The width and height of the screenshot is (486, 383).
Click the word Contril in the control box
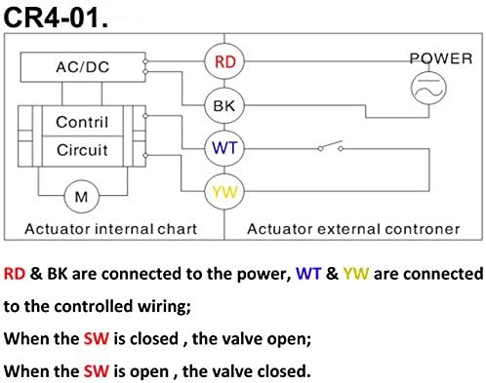tap(82, 122)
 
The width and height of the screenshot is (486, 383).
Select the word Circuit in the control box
tap(82, 150)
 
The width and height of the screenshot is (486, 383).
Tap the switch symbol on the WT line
tap(331, 146)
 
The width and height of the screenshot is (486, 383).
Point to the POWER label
tap(441, 58)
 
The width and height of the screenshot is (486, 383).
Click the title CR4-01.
tap(56, 18)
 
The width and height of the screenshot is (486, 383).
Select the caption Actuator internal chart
tap(111, 229)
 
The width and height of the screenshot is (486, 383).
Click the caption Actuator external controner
tap(353, 229)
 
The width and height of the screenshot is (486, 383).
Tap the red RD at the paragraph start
tap(15, 274)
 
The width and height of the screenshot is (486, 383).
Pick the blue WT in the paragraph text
tap(308, 274)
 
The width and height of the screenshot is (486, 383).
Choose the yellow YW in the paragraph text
tap(356, 274)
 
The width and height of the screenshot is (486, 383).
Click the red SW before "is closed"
tap(97, 338)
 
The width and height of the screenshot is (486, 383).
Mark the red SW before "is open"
tap(97, 371)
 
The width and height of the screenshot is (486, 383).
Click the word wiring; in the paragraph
tap(164, 307)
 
